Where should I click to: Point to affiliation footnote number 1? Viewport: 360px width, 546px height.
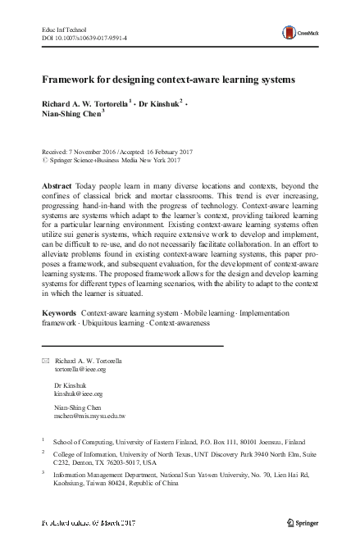43,439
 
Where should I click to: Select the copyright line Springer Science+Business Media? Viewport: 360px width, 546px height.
107,162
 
